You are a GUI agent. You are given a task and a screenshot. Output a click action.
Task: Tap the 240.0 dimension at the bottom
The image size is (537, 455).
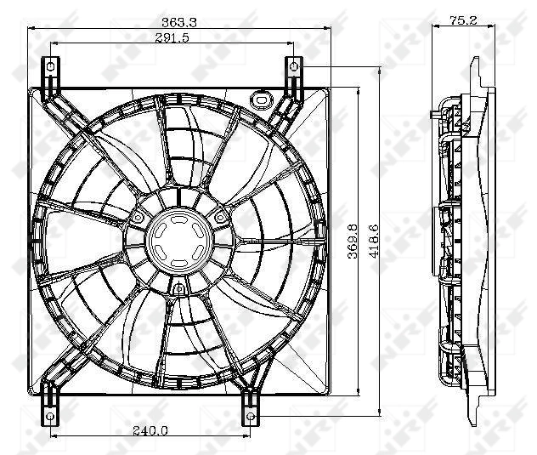pos(151,430)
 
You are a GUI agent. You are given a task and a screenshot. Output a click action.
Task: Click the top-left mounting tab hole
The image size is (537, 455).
pos(50,66)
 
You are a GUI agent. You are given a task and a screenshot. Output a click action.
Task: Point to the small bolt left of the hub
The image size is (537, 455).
pos(136,219)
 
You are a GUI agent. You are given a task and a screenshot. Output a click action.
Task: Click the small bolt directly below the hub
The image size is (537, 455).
pos(178,290)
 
